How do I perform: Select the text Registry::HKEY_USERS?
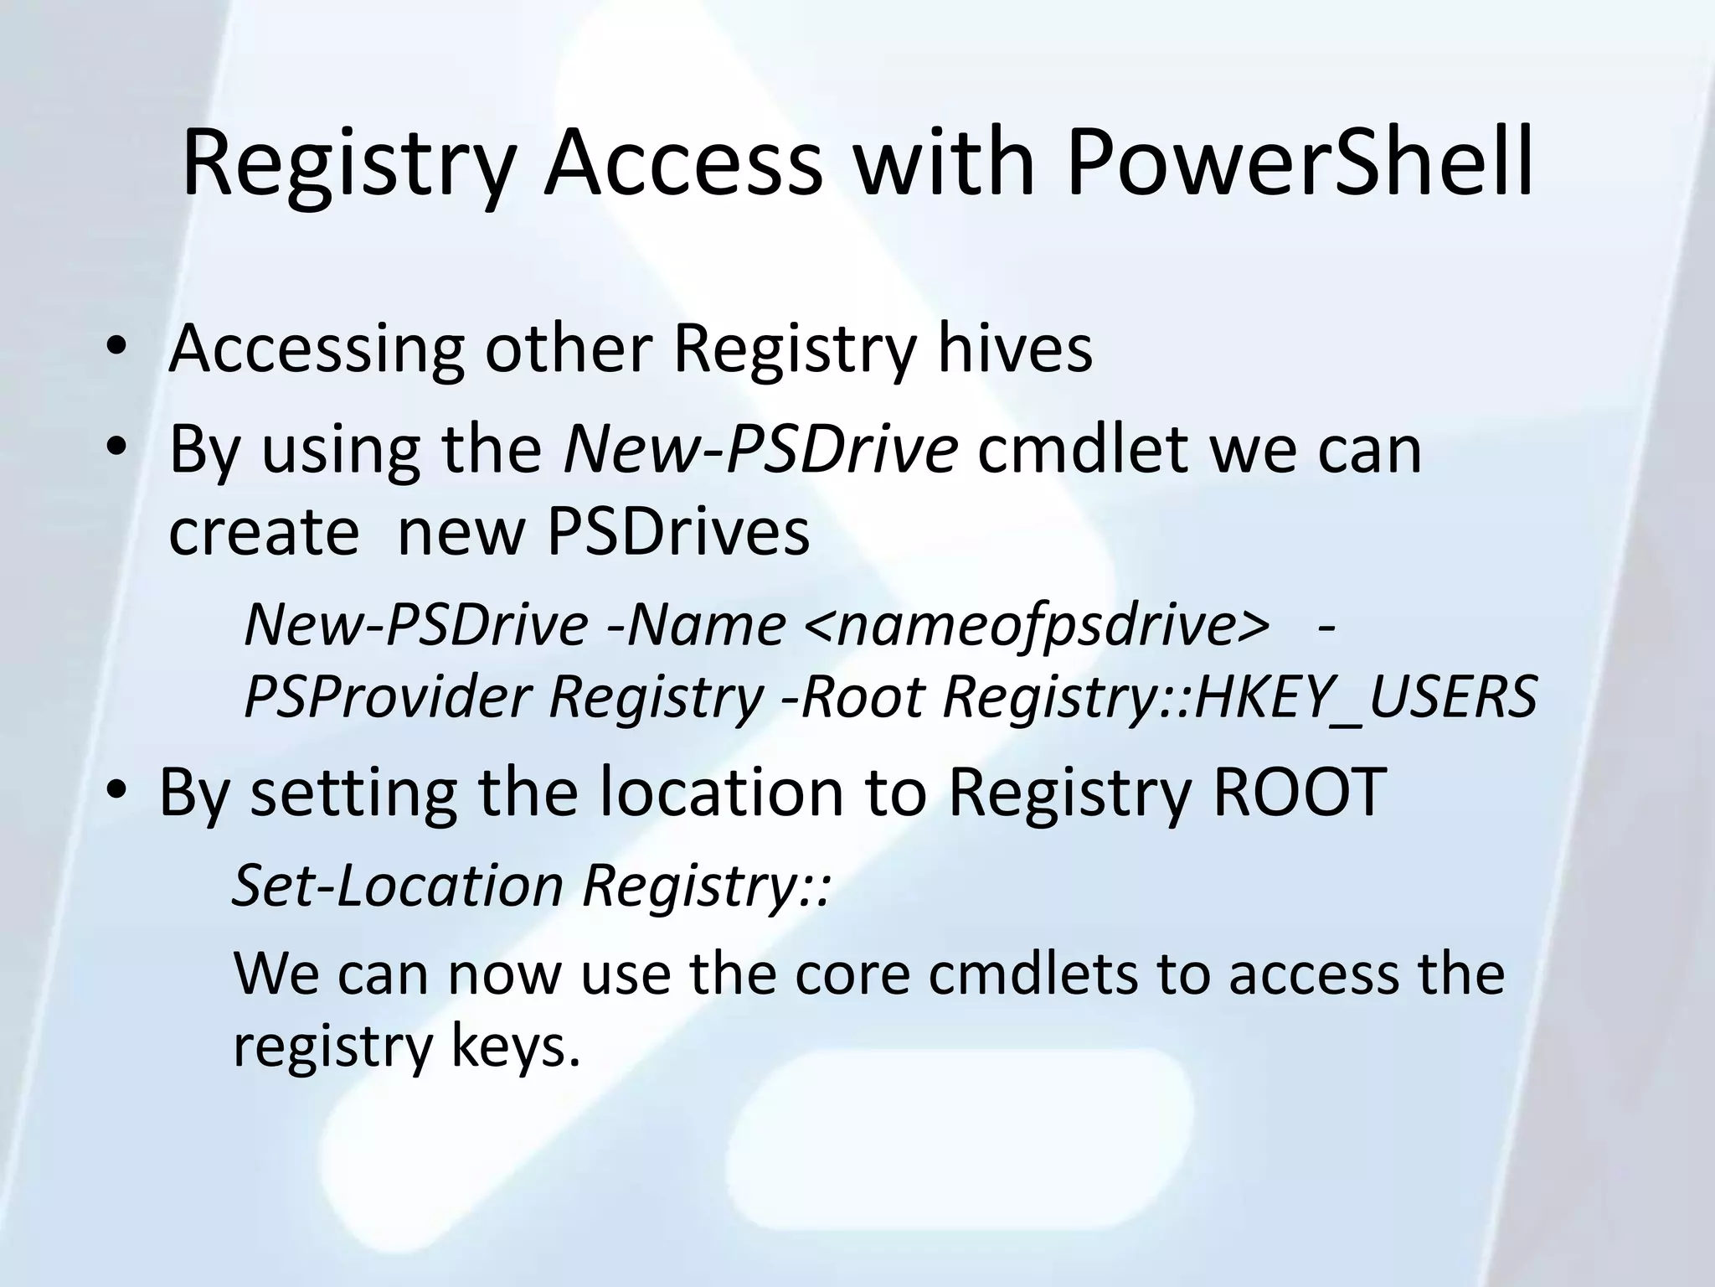coord(1239,696)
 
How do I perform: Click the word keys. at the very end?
coord(515,1047)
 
